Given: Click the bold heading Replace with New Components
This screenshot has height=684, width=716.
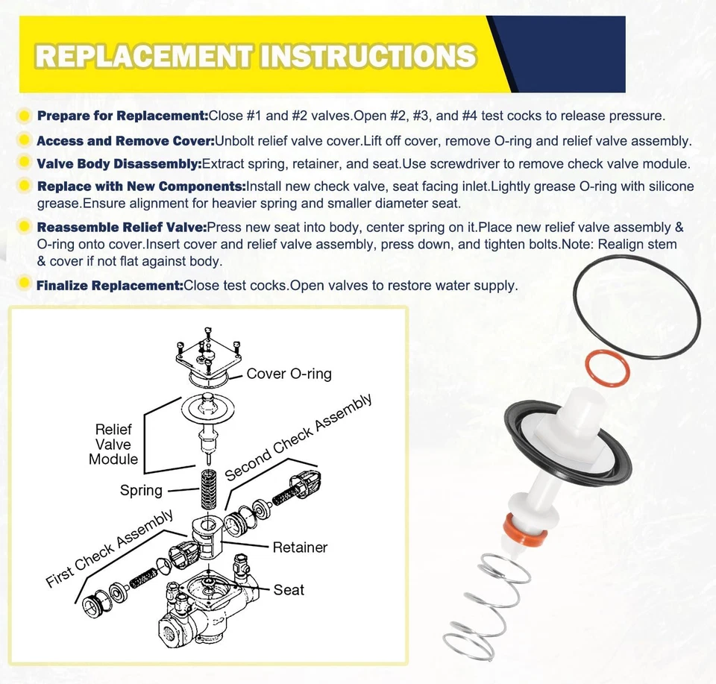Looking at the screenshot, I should [141, 186].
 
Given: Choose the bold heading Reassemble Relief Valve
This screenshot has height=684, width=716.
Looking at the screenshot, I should [122, 228].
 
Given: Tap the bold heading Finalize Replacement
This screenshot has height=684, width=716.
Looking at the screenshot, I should [110, 286].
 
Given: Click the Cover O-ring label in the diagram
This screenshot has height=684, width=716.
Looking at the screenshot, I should [289, 374].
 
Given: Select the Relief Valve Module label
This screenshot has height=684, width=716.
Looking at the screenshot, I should [113, 445].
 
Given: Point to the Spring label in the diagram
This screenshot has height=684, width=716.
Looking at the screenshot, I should [141, 490].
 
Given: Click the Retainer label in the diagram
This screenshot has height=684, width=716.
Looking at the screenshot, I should [300, 547].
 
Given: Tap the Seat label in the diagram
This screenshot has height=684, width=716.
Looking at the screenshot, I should [289, 590].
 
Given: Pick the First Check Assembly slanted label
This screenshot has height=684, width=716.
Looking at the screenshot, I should [110, 549].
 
